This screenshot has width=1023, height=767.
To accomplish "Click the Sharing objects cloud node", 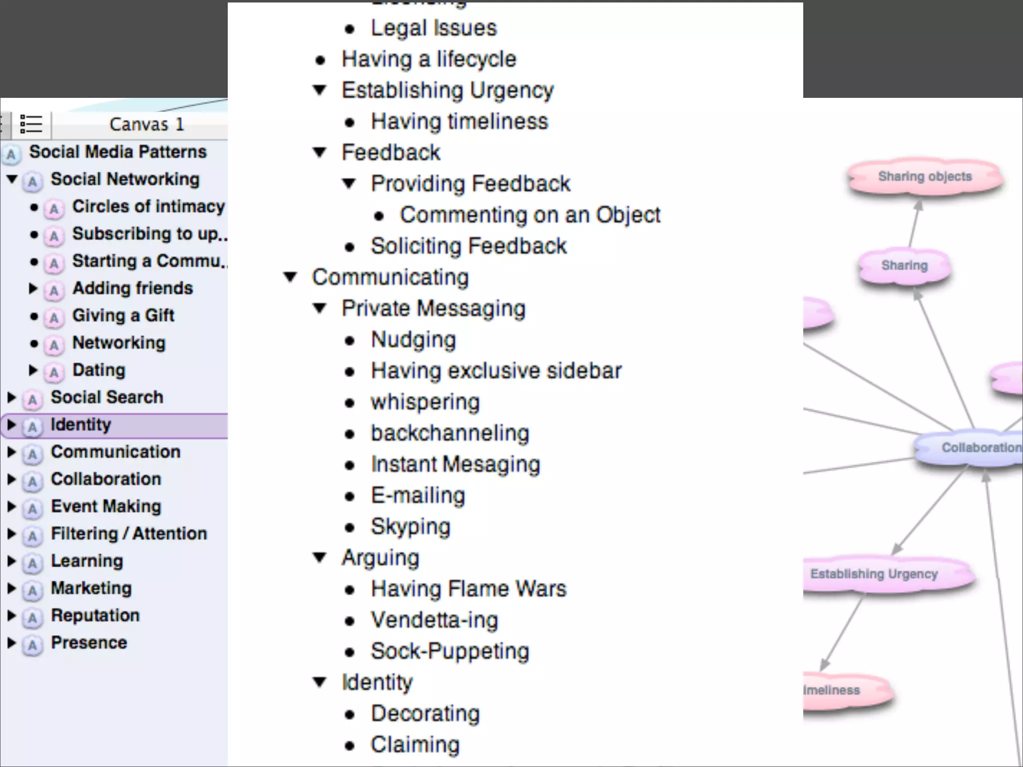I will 925,177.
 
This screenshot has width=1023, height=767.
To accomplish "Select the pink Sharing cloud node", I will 904,266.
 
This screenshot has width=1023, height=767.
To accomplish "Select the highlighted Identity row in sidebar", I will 81,425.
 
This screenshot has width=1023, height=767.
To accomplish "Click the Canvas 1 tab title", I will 146,124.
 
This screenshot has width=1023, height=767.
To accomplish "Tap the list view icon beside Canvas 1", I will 31,124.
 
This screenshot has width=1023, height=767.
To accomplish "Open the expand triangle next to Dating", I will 33,371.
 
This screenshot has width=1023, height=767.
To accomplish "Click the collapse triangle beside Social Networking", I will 12,179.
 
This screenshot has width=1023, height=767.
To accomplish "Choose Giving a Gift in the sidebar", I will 123,316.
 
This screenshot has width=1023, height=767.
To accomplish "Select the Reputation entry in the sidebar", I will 95,616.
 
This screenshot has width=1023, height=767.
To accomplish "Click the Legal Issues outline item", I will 434,28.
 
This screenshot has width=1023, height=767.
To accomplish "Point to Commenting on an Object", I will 529,215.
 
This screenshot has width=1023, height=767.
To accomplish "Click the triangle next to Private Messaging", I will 320,309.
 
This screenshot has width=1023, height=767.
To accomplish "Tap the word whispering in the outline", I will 425,402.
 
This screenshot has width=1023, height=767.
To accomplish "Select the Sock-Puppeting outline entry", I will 450,652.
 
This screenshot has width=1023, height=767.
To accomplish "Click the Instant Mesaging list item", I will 455,464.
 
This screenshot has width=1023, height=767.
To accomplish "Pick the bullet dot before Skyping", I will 350,527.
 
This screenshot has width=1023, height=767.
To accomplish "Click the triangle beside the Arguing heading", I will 320,558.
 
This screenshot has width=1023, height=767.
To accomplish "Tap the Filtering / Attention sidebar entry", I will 129,534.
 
